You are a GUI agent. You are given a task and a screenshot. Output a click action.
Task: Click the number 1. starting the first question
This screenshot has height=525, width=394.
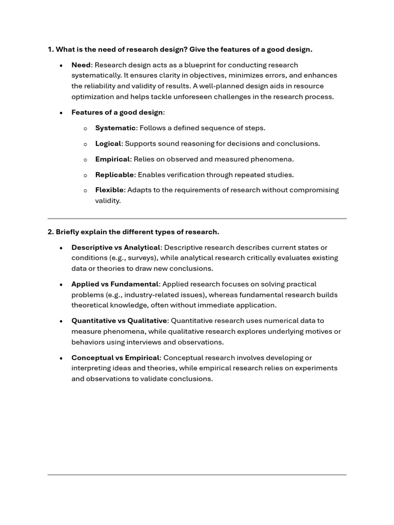[51, 49]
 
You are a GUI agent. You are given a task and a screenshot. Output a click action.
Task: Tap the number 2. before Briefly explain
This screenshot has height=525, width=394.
[51, 232]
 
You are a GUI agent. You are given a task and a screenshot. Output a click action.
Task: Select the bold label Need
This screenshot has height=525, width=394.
[81, 65]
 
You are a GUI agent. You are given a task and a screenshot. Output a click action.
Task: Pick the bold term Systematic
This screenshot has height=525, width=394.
[115, 128]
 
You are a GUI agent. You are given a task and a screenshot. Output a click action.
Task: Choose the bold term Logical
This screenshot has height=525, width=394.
[108, 144]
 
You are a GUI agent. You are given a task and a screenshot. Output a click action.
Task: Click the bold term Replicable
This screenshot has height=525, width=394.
[114, 175]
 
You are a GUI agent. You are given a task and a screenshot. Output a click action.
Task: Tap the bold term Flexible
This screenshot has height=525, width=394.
[109, 190]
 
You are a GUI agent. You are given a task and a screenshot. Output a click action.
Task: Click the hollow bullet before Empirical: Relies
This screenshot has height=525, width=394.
[85, 159]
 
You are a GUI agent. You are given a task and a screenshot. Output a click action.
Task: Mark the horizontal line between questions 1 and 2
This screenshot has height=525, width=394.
[197, 218]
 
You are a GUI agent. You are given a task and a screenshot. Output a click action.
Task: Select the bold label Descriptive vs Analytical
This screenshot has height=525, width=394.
[116, 248]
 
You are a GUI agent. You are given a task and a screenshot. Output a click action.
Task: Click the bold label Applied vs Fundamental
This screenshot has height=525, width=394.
[115, 284]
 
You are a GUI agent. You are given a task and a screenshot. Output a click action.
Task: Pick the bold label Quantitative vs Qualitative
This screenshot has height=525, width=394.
[119, 321]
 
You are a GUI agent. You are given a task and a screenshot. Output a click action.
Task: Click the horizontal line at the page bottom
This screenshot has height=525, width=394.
[197, 475]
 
